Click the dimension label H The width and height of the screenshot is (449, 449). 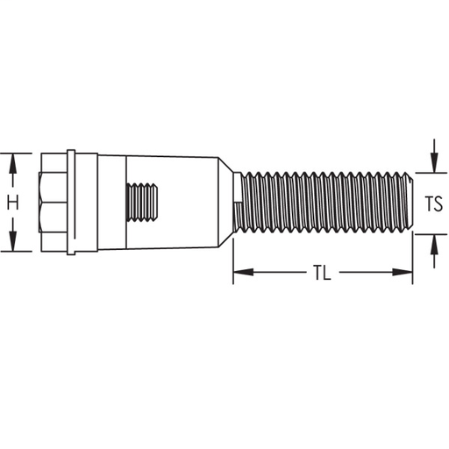12,203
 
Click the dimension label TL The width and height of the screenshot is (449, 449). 321,273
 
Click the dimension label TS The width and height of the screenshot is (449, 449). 433,203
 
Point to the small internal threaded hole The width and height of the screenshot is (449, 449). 144,203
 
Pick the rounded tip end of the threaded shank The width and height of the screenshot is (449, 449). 410,203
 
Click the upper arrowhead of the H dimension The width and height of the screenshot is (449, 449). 12,160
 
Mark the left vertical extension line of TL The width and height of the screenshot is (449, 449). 233,259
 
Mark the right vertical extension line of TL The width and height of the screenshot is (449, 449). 413,259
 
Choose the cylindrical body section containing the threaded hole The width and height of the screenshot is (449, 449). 171,203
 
